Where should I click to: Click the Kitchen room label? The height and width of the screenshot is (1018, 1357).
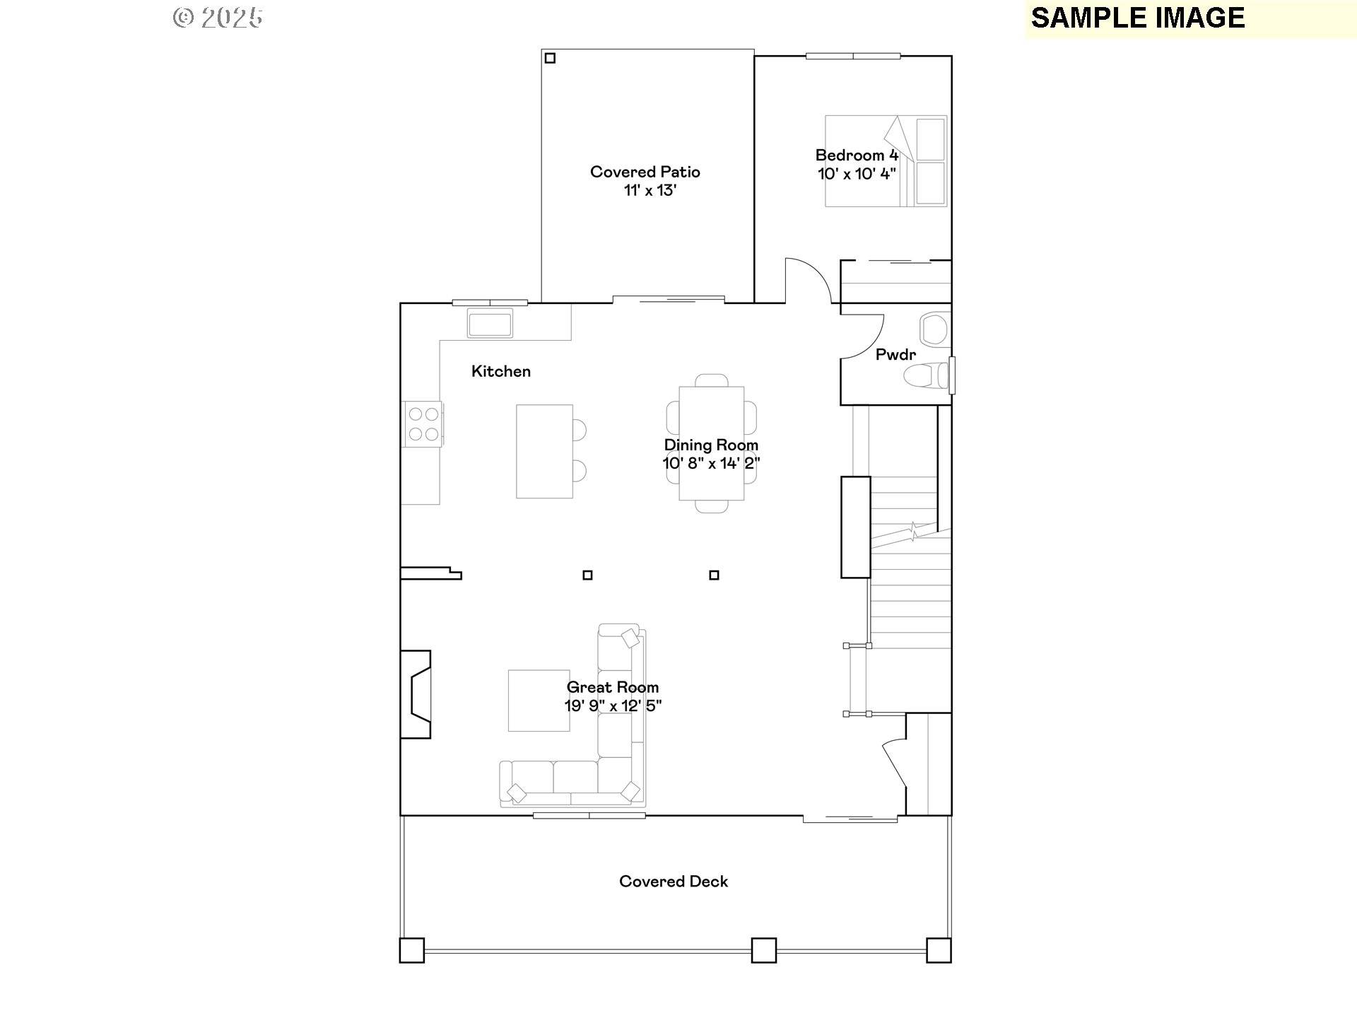pos(500,371)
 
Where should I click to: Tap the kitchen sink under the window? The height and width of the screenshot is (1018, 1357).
pos(489,324)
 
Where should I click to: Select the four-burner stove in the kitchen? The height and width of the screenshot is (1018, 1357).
pos(423,424)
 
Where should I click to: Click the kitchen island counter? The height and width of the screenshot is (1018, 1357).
pos(544,451)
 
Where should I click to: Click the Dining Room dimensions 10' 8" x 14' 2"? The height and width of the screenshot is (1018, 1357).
pos(711,464)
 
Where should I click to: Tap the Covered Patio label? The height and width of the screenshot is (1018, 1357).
pos(645,172)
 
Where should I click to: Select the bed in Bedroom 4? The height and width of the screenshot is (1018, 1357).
pos(885,161)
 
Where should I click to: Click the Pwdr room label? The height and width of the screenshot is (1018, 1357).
pos(895,355)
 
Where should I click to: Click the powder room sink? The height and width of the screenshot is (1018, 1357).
pos(934,329)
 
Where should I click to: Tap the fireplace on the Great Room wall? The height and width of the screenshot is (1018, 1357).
pos(417,694)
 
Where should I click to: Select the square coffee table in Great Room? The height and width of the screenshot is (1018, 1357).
pos(539,701)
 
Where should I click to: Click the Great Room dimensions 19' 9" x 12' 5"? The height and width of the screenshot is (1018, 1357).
pos(612,706)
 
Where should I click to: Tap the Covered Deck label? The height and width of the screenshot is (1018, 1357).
pos(673,882)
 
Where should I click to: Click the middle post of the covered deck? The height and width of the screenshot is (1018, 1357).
pos(763,950)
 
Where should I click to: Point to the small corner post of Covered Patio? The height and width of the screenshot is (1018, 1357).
pos(550,58)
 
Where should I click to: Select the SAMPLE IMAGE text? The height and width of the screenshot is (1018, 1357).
pos(1137,18)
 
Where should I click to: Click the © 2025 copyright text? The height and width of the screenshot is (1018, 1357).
pos(218,18)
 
